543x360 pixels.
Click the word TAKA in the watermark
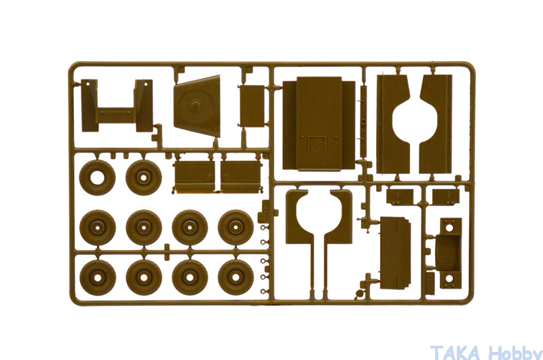pos(455,353)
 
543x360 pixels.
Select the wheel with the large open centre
pos(97,178)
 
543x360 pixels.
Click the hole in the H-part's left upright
pos(88,84)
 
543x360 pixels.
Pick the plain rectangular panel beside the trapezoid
pos(252,106)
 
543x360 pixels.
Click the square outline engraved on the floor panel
pos(317,143)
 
